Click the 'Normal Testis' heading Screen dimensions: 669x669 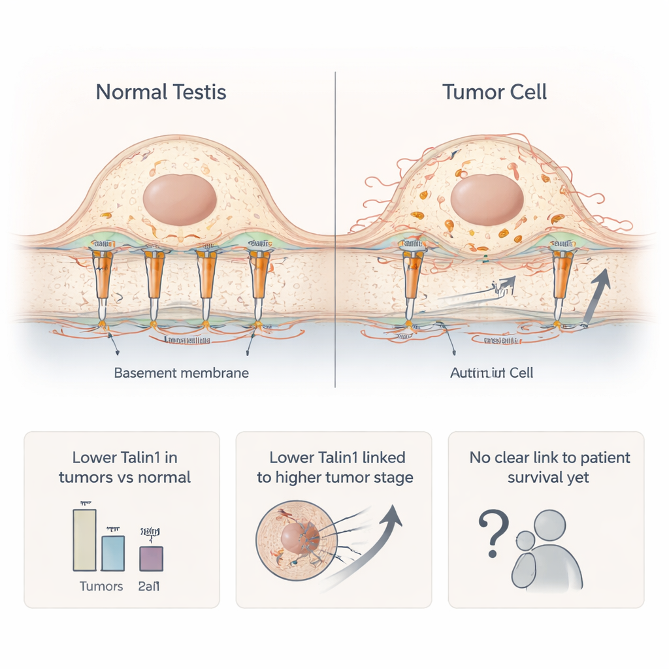click(161, 91)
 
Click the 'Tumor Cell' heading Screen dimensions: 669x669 click(495, 91)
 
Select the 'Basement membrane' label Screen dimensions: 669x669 click(181, 373)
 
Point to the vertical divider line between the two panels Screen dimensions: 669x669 click(335, 229)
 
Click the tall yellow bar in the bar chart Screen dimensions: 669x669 click(85, 540)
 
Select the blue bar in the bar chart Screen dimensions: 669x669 click(112, 553)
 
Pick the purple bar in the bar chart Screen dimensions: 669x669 click(152, 559)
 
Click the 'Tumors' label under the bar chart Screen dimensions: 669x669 click(101, 586)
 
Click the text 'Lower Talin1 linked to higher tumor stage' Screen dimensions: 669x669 click(334, 466)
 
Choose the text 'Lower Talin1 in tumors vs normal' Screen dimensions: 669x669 click(124, 466)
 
